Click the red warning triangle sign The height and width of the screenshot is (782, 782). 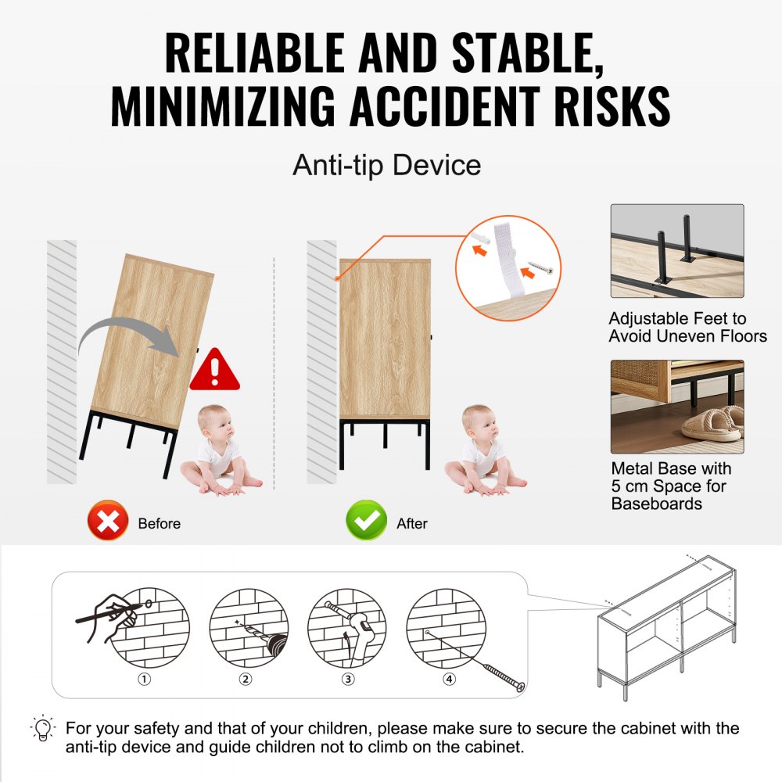[x=215, y=370]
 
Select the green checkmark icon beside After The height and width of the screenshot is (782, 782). [x=366, y=521]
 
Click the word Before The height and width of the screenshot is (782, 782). [x=159, y=523]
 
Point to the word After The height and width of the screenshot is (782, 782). [x=412, y=523]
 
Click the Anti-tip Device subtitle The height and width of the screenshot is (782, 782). [x=386, y=165]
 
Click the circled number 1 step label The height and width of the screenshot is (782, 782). [x=144, y=679]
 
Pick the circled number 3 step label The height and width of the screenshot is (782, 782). [x=348, y=679]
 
